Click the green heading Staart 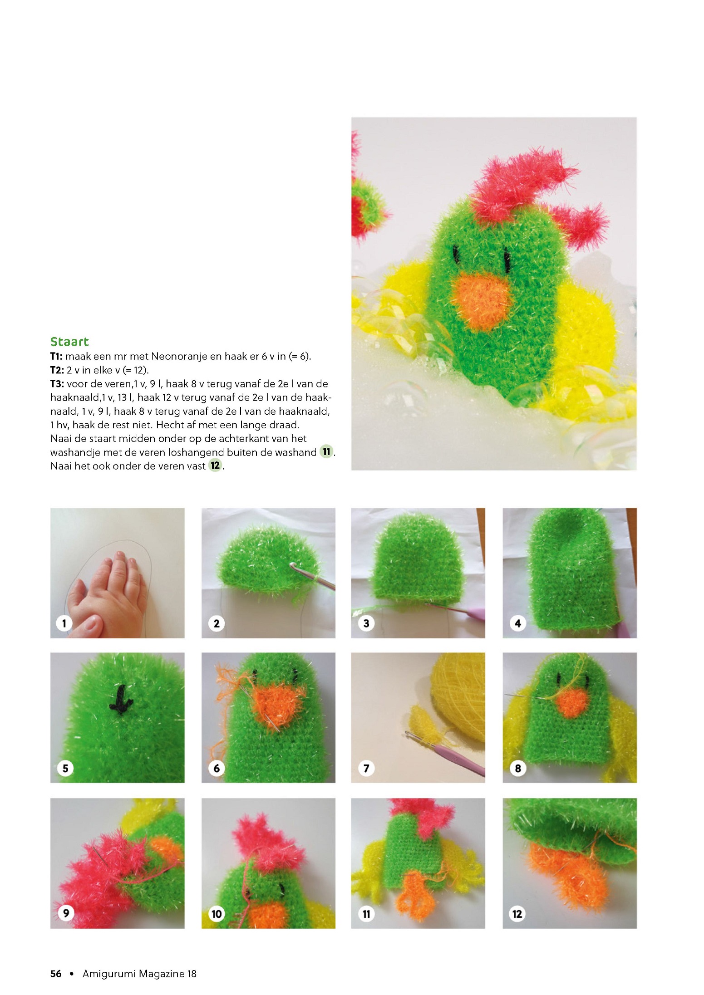[69, 342]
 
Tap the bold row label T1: [56, 356]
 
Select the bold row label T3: [57, 384]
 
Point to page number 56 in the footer [56, 974]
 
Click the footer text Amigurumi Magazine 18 [139, 974]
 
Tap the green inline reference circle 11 [326, 451]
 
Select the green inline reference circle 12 [215, 466]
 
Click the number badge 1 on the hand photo [64, 623]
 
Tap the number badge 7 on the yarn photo [366, 768]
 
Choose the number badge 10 [217, 914]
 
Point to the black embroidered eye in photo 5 [121, 700]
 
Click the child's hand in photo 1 [109, 594]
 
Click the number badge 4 [518, 623]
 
